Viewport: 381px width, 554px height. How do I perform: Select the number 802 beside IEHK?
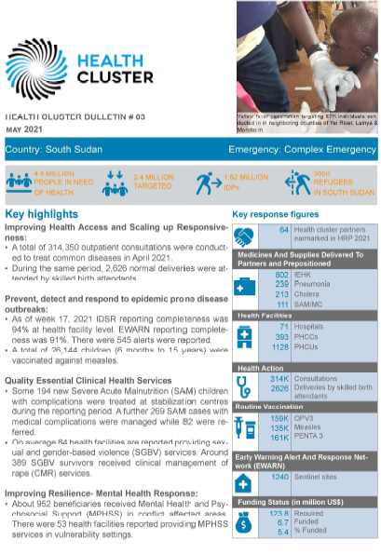click(281, 276)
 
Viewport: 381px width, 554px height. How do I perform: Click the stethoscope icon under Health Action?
click(244, 384)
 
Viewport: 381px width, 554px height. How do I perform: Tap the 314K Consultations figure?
click(279, 379)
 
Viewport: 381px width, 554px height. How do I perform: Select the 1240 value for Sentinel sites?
click(279, 477)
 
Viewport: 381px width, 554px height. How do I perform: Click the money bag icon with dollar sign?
click(244, 523)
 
